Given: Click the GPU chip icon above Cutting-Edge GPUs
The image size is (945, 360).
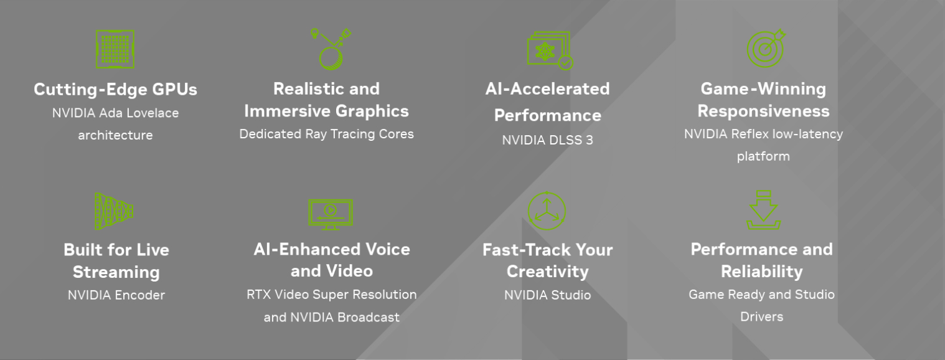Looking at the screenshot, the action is [x=115, y=49].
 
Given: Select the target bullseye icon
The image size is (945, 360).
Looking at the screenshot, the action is [x=766, y=49].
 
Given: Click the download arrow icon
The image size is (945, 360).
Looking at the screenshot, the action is [x=764, y=210].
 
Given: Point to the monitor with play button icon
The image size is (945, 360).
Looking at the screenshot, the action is [x=331, y=214].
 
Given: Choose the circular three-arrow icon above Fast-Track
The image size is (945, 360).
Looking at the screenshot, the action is [x=547, y=211].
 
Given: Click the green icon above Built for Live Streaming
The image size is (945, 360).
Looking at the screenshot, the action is [x=114, y=211].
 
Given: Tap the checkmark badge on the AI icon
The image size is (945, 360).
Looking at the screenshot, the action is [x=566, y=63].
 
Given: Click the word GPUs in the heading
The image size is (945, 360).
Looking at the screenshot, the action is [x=175, y=90].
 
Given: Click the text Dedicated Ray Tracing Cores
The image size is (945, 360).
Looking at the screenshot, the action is [x=327, y=134].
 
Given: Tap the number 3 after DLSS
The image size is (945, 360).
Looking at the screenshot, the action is [x=589, y=140].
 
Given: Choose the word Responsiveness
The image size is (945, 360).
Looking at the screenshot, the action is [x=764, y=111].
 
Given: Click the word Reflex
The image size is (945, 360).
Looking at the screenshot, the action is [x=750, y=134].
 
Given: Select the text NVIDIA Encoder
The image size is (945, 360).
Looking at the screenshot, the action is [x=116, y=295].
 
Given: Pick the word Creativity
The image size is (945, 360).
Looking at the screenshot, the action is [x=548, y=272].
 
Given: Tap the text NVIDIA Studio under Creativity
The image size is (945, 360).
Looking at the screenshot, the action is [x=548, y=295].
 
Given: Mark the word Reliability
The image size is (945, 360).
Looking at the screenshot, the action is [x=762, y=272].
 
